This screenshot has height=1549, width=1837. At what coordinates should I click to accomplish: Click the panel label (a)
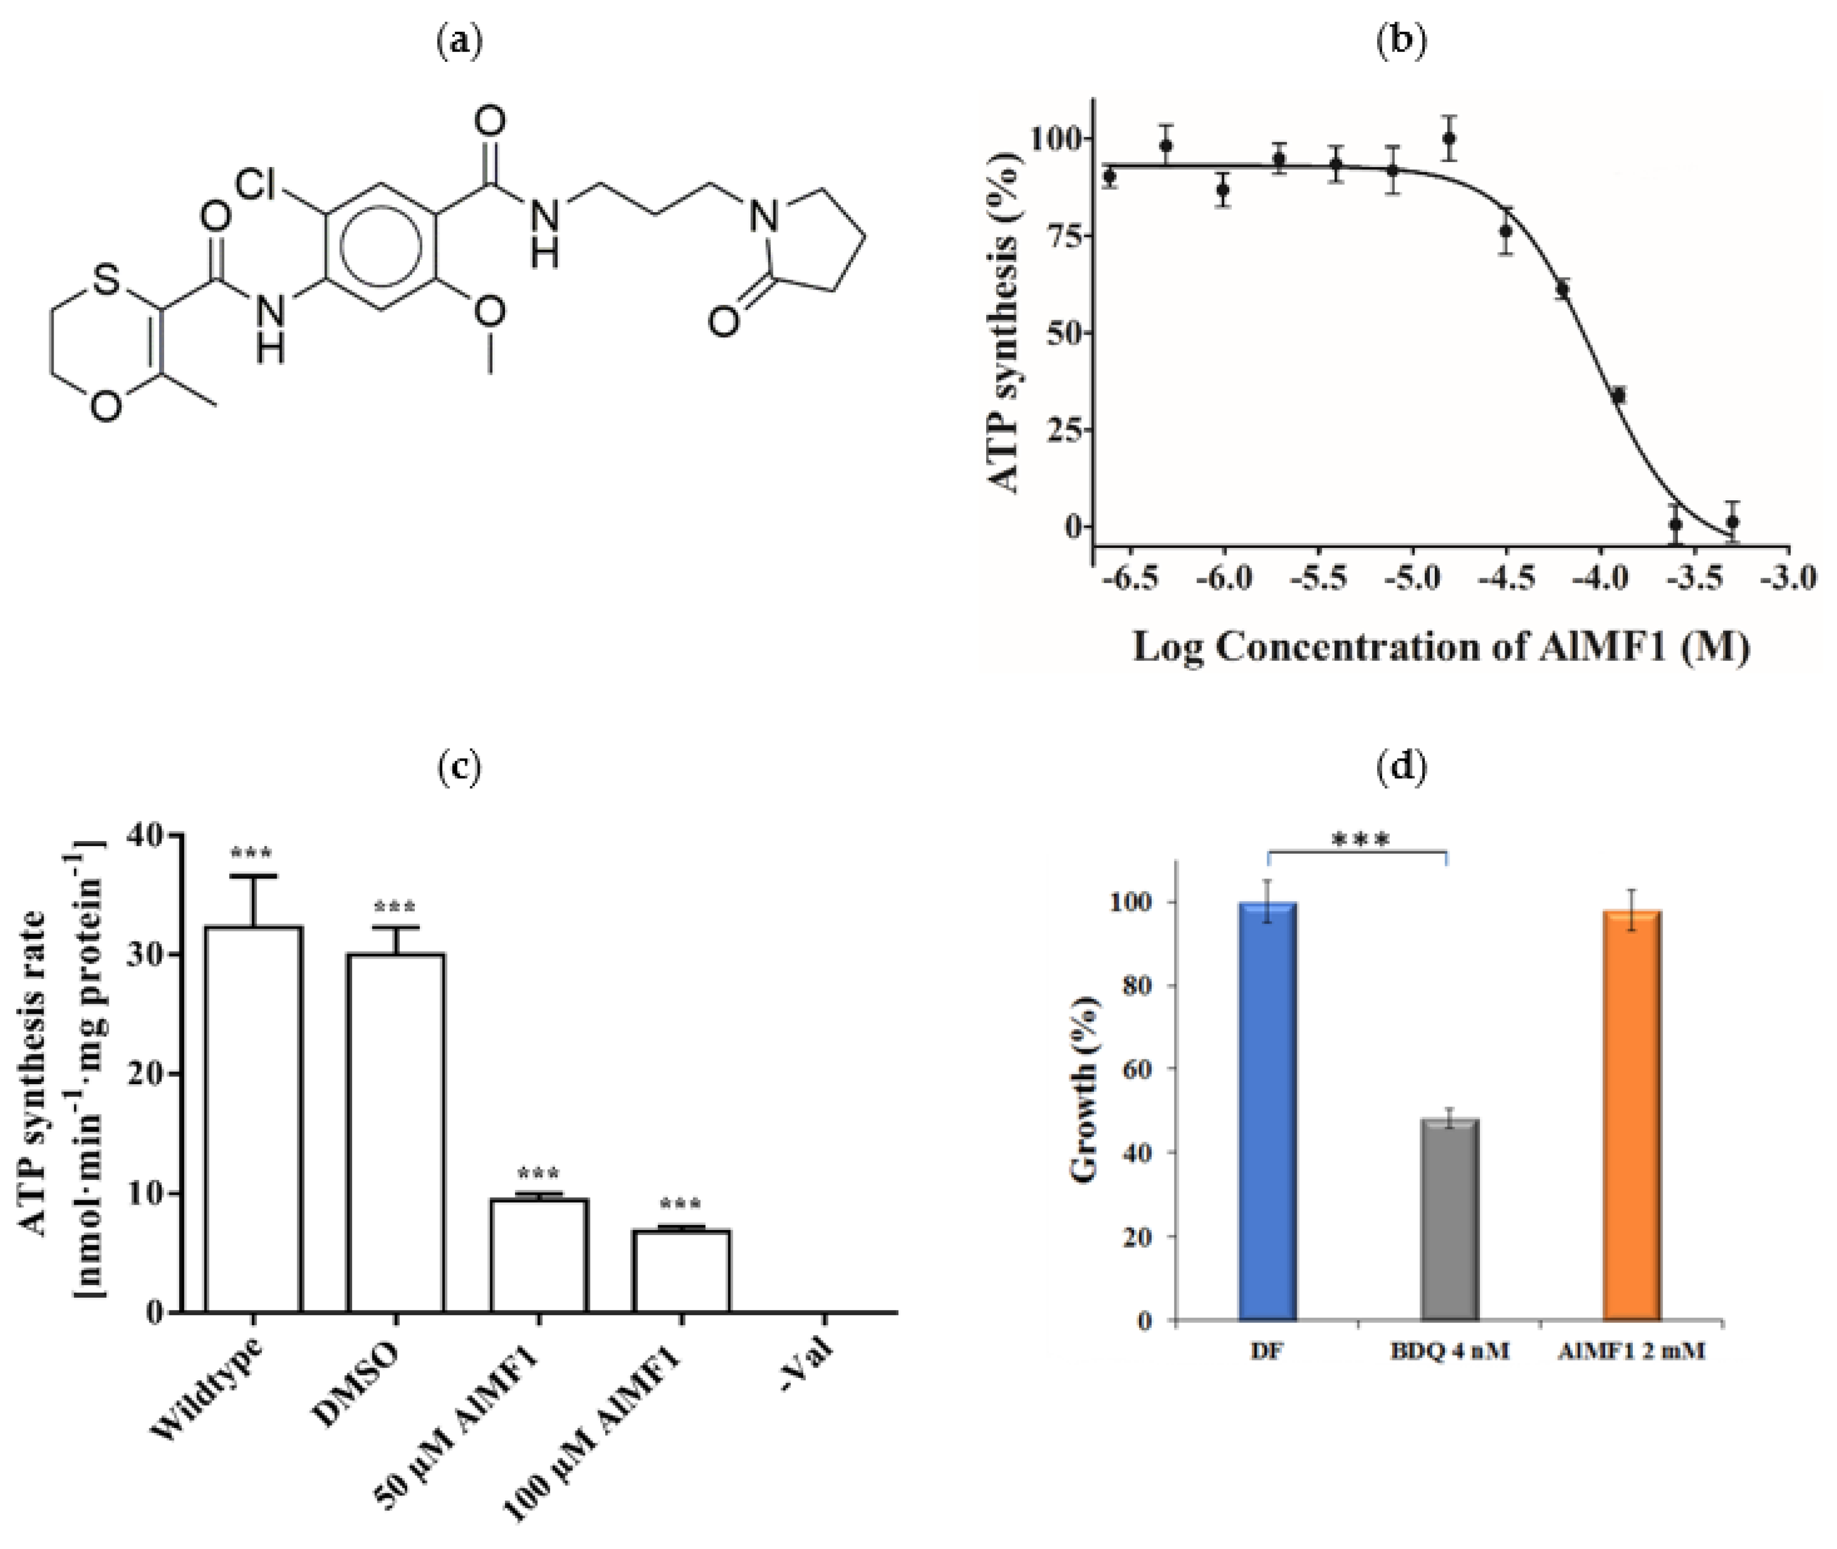coord(459,42)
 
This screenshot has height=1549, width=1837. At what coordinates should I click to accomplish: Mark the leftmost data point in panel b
coord(1109,177)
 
